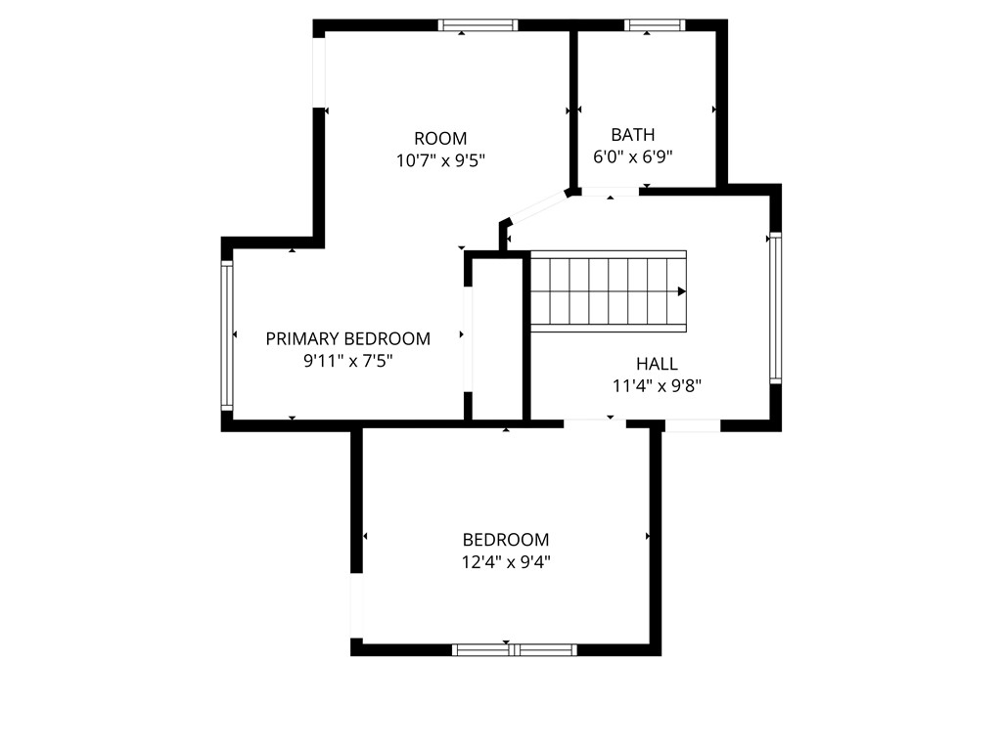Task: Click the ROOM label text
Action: click(439, 138)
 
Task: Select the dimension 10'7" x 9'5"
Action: click(439, 160)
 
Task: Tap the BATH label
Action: click(632, 135)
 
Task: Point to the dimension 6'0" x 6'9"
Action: click(632, 156)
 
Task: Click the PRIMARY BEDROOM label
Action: click(347, 338)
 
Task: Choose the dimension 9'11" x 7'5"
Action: click(347, 361)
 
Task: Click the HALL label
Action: click(657, 364)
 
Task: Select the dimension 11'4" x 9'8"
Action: click(657, 385)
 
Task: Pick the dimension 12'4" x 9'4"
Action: click(506, 561)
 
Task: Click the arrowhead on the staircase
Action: click(681, 290)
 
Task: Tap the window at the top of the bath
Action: click(654, 25)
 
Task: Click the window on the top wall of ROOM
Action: click(478, 25)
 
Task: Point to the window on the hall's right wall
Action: click(775, 306)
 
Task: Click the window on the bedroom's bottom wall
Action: click(515, 649)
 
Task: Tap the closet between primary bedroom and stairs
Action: click(497, 338)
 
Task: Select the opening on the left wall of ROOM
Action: click(318, 71)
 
